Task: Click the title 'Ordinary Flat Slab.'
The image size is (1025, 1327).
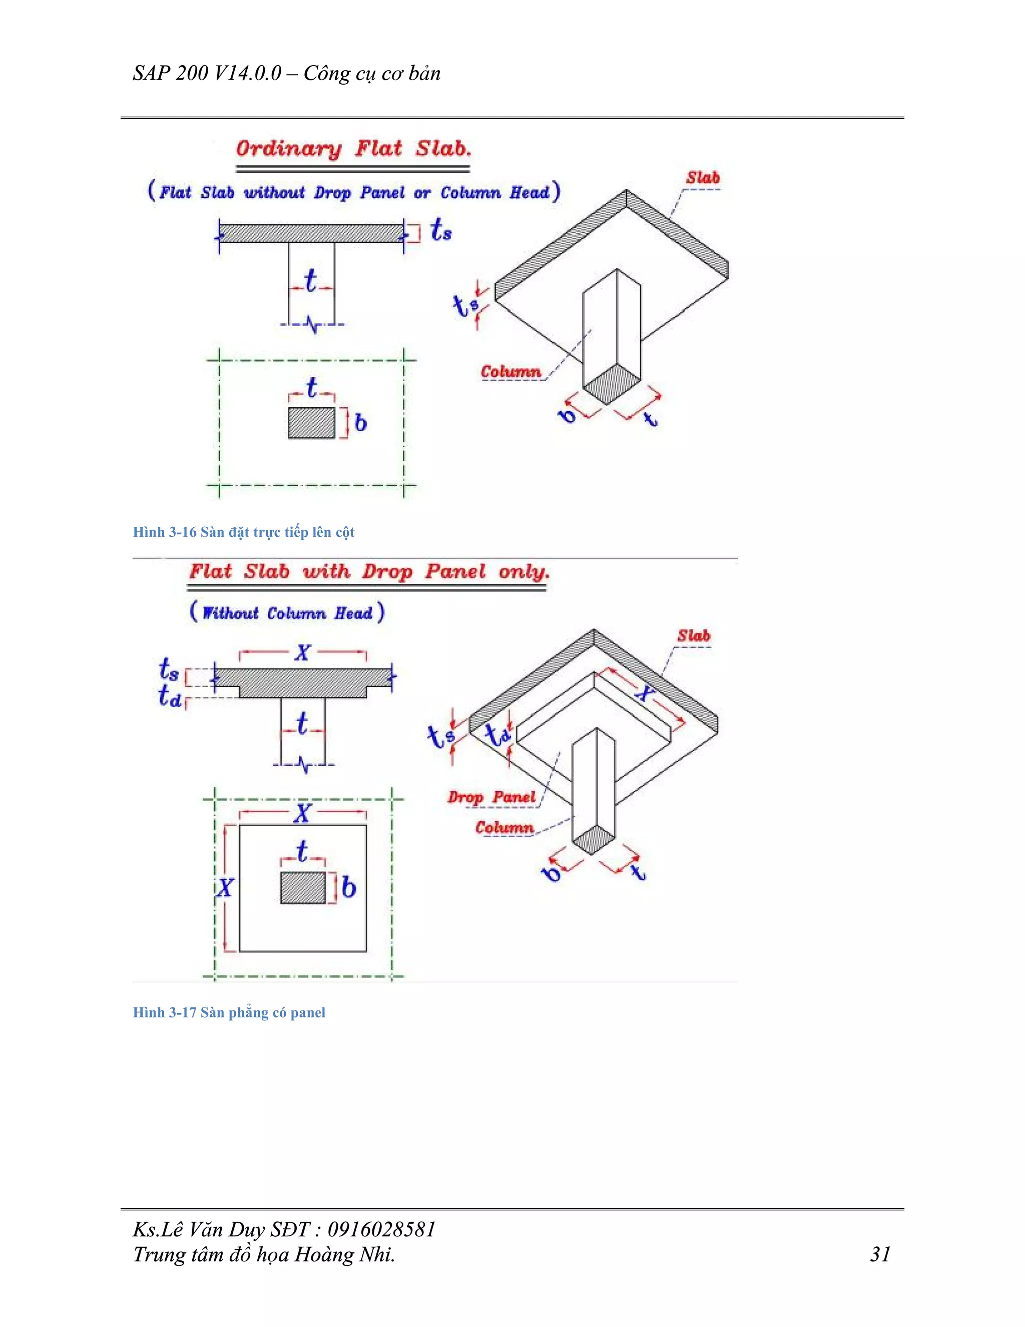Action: click(x=353, y=149)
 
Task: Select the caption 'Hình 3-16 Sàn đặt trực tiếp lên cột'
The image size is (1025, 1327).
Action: click(x=244, y=532)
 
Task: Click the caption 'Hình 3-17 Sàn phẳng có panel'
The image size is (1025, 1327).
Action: click(x=229, y=1012)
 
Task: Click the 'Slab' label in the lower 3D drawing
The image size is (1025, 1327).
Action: click(x=694, y=635)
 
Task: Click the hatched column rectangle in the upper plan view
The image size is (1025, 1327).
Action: click(x=311, y=423)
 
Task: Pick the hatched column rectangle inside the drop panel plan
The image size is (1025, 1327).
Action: click(x=303, y=888)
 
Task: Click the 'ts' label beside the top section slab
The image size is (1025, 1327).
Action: click(x=440, y=230)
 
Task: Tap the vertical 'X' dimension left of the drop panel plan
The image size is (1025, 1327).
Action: click(x=225, y=888)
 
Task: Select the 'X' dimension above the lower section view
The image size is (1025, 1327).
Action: click(x=302, y=653)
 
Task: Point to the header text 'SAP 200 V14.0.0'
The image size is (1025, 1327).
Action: click(x=207, y=74)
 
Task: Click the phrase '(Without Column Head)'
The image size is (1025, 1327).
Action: click(x=287, y=612)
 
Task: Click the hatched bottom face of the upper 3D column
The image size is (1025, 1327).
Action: click(x=612, y=384)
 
